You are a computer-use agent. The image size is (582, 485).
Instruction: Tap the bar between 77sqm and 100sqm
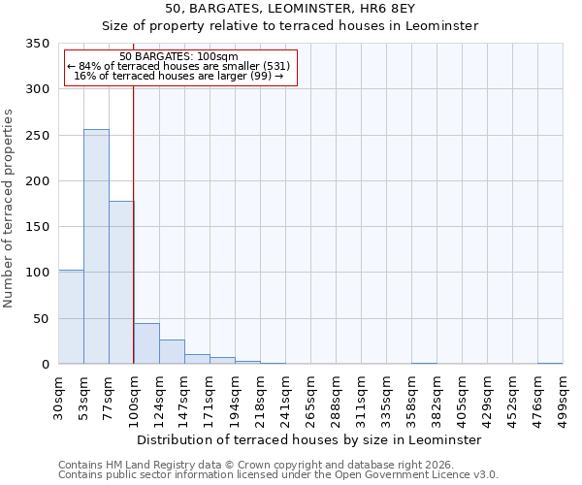[x=121, y=282]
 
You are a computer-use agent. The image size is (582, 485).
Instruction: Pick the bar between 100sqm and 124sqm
[x=146, y=343]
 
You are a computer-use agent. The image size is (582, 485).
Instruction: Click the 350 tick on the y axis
[x=37, y=44]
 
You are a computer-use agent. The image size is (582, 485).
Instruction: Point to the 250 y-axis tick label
[x=37, y=136]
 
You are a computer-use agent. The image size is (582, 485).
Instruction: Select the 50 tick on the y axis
[x=41, y=319]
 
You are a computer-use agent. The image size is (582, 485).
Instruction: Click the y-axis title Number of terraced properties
[x=10, y=209]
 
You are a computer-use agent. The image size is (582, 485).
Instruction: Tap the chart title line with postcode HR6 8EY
[x=290, y=9]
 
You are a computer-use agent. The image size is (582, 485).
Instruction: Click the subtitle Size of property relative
[x=290, y=25]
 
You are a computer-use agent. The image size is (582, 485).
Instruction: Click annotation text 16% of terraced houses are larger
[x=178, y=76]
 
